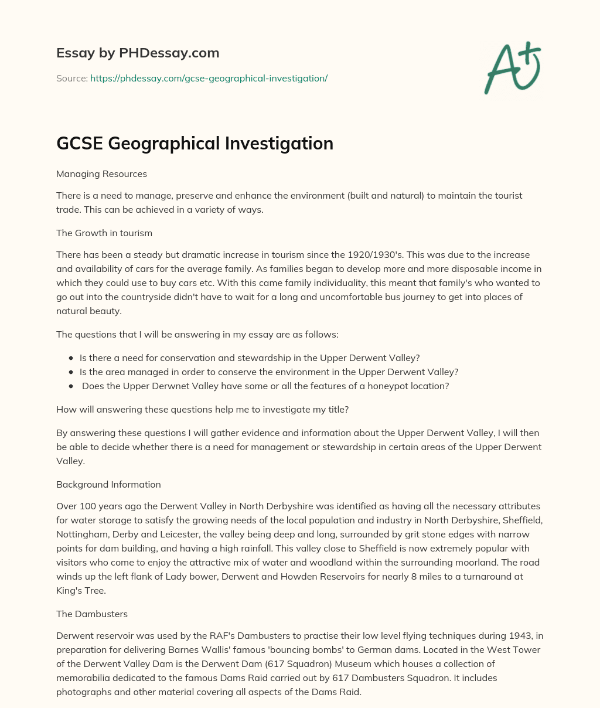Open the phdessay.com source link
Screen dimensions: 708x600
coord(209,78)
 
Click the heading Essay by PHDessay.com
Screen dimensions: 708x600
coord(138,53)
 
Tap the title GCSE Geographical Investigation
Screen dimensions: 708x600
coord(195,144)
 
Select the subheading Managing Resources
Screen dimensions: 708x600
coord(101,173)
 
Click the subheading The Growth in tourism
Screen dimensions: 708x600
coord(104,233)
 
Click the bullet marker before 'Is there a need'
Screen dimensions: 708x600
coord(71,358)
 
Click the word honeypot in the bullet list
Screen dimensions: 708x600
coord(369,386)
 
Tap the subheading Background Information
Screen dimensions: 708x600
coord(108,484)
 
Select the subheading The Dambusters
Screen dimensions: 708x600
coord(92,614)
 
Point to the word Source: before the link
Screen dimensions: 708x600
coord(71,78)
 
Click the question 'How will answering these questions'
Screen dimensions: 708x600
coord(202,409)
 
